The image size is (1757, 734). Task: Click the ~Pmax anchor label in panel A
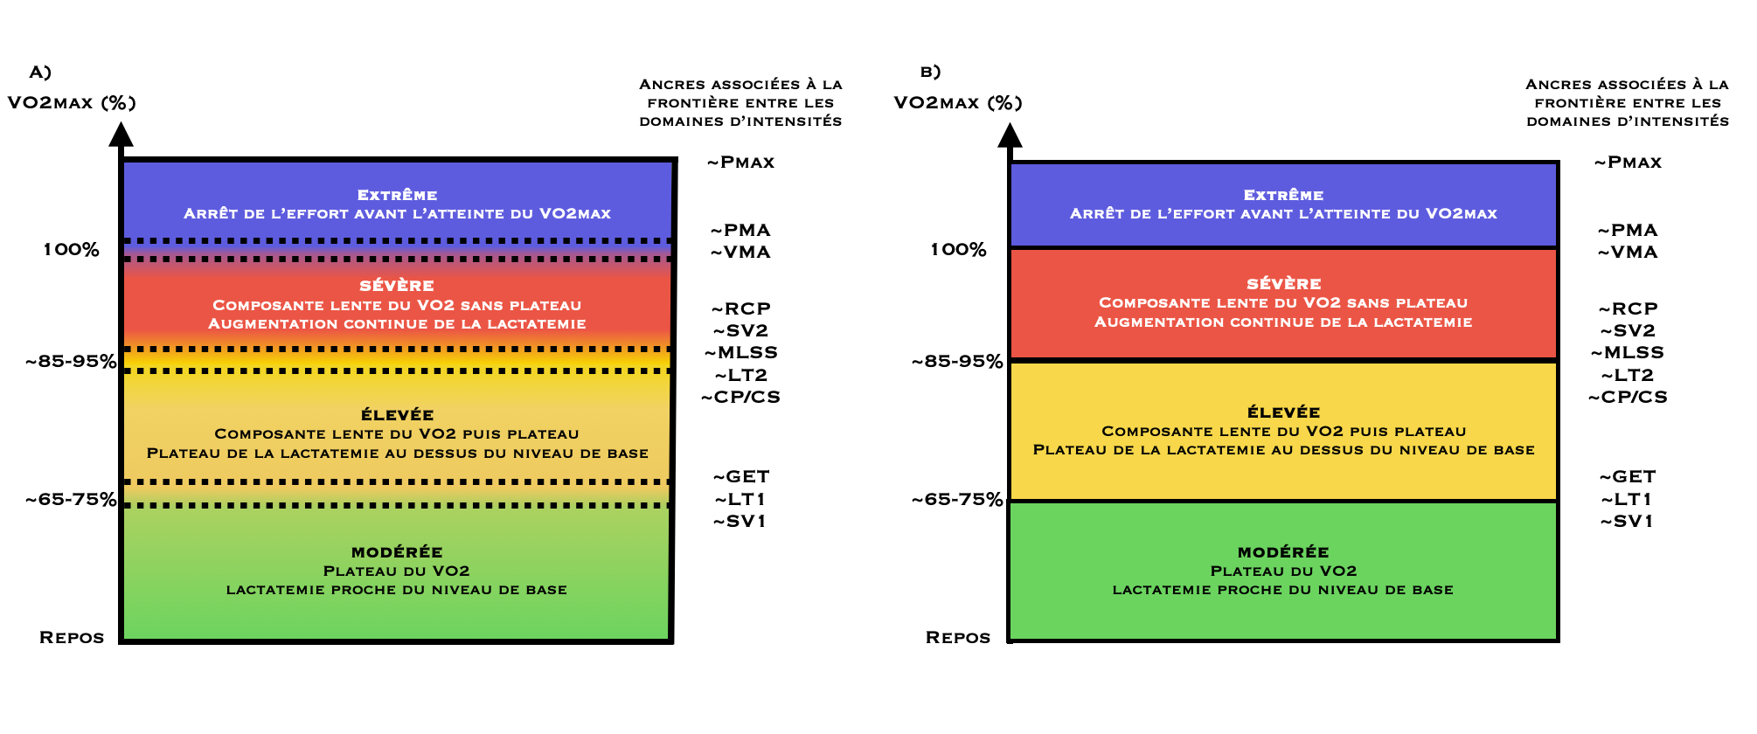click(x=741, y=163)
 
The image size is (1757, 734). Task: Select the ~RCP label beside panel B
click(x=1628, y=309)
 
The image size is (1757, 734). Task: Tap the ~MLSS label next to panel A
click(x=741, y=353)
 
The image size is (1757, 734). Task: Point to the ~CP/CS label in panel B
click(x=1628, y=398)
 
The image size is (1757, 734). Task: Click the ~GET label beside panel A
click(x=741, y=477)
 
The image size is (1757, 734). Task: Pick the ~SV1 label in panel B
click(x=1628, y=522)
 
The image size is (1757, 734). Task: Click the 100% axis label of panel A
click(x=72, y=250)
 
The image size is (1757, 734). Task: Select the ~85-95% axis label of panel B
click(x=957, y=362)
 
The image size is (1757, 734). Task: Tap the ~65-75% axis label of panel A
click(x=71, y=500)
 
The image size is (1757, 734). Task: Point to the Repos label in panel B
click(x=958, y=638)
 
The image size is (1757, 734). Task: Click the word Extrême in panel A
click(x=397, y=195)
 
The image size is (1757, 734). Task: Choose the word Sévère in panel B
click(x=1283, y=284)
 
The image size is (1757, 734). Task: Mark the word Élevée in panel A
click(x=397, y=415)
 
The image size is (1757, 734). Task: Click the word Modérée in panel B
click(x=1283, y=552)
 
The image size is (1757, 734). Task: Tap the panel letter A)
click(x=40, y=73)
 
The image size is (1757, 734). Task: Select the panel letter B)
click(x=930, y=73)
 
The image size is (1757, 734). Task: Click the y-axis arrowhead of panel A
click(x=122, y=135)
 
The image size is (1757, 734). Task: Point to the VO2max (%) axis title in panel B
click(x=958, y=103)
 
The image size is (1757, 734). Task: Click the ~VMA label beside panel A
click(x=741, y=253)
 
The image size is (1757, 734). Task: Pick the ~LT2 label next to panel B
click(x=1628, y=376)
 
